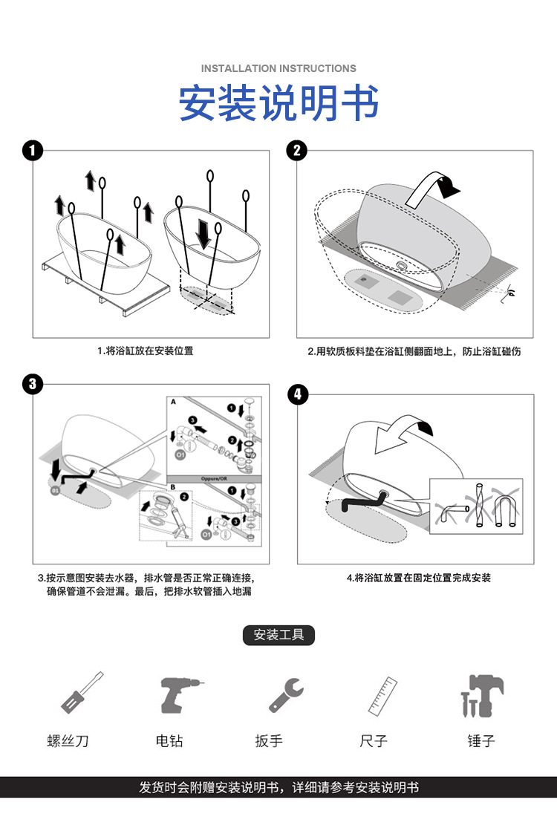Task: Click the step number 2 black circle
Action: [x=297, y=151]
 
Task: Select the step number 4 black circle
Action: [x=297, y=394]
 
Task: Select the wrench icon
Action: [x=286, y=694]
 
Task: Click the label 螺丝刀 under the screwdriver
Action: [x=68, y=740]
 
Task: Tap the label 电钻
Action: [x=169, y=740]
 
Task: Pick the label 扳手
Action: [x=269, y=740]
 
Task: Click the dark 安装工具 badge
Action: [x=278, y=635]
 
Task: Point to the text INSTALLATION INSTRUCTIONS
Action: [x=278, y=68]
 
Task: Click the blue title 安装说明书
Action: [x=278, y=103]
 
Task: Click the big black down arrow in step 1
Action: [x=203, y=234]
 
